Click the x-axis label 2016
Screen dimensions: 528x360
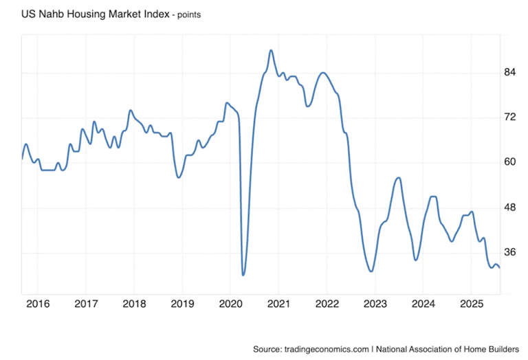[x=38, y=304]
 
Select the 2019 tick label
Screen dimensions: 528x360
[x=182, y=304]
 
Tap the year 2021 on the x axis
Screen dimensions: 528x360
[x=278, y=304]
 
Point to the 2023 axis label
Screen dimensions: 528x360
[x=375, y=304]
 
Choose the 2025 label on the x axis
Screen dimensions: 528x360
[x=472, y=304]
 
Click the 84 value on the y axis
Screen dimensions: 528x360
[x=510, y=72]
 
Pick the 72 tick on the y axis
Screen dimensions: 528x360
[x=510, y=117]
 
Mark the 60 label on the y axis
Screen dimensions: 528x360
[x=510, y=162]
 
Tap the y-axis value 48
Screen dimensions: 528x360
[x=510, y=207]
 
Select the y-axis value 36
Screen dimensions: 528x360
[x=510, y=252]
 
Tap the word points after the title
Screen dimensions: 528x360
[x=189, y=15]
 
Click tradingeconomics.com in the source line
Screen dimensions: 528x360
[x=327, y=349]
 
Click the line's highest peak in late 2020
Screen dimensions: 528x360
[x=271, y=50]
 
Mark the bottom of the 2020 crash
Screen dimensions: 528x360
[x=243, y=275]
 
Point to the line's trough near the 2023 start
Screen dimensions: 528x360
[x=371, y=271]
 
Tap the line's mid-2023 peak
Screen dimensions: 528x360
[x=399, y=177]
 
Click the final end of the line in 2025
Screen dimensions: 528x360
[x=500, y=268]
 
